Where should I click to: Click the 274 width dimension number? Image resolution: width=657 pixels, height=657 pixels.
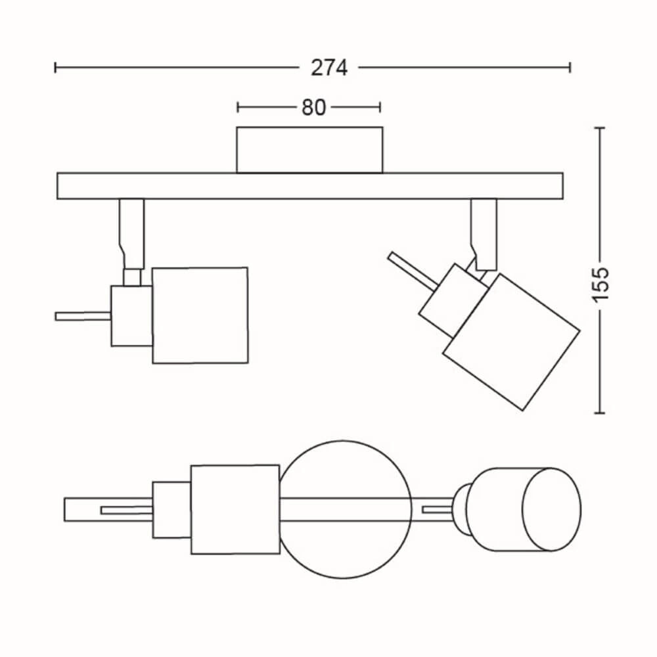tap(329, 68)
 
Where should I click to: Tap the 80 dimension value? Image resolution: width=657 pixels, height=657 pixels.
tap(313, 108)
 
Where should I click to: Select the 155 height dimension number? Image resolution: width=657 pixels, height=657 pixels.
tap(600, 284)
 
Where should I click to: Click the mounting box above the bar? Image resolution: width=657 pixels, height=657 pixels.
tap(309, 150)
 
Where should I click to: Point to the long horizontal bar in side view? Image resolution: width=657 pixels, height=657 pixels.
tap(310, 186)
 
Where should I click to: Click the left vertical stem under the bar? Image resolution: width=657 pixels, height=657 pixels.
tap(132, 233)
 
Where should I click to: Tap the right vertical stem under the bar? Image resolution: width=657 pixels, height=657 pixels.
tap(484, 235)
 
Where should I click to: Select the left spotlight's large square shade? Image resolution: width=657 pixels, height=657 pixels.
tap(200, 315)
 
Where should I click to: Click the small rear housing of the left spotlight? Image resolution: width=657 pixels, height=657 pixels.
tap(131, 316)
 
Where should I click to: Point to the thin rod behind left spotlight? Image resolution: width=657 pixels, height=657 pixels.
tap(83, 317)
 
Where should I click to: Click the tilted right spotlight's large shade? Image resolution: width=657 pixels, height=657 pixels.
tap(511, 342)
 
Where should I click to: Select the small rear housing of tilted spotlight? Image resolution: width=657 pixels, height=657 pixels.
tap(453, 300)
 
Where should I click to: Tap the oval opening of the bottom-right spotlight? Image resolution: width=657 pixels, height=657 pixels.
tap(551, 509)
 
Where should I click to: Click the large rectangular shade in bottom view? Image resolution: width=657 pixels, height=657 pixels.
tap(235, 510)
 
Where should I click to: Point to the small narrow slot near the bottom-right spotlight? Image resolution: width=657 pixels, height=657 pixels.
tap(438, 510)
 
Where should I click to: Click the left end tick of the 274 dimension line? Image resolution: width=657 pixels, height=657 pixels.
tap(55, 68)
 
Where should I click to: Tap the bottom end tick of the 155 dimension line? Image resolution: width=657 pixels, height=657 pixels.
tap(600, 413)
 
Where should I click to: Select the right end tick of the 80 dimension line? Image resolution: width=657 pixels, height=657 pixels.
tap(380, 108)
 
